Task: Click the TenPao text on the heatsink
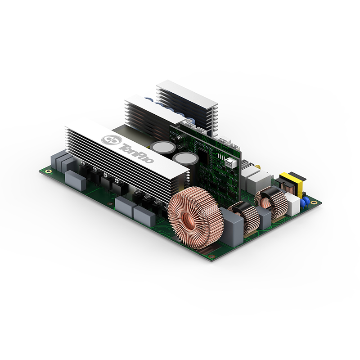137,153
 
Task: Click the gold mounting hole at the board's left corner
48,171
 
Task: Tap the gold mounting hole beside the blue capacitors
313,202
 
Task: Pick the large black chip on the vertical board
202,153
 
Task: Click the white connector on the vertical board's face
231,163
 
